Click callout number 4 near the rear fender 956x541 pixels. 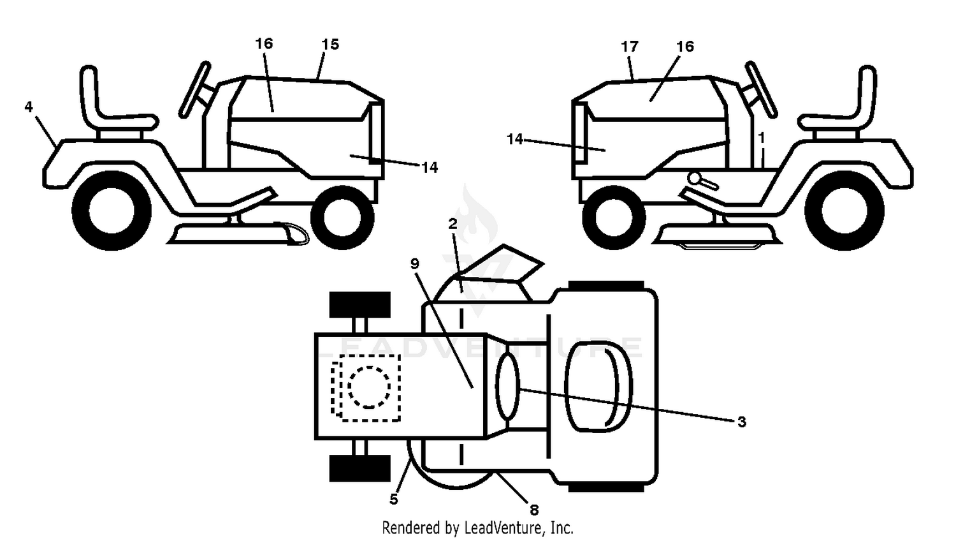pos(29,107)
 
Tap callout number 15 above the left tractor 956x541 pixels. pos(330,45)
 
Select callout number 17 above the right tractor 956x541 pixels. pos(630,47)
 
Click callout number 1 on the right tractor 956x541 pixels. pos(761,138)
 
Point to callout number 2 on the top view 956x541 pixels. pos(453,223)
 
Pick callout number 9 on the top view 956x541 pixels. pos(415,263)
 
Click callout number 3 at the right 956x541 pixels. pos(742,422)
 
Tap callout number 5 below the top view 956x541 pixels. pos(393,499)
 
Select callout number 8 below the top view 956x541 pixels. pos(534,509)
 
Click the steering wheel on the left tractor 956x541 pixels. pos(194,89)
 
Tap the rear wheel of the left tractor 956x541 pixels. pos(112,211)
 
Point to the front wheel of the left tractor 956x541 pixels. pos(343,217)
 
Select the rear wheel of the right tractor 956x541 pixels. pos(844,211)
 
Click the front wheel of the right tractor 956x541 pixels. pos(614,217)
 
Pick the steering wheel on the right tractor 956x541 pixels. pos(762,89)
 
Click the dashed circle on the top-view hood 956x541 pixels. pos(369,387)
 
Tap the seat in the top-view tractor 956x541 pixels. pos(598,387)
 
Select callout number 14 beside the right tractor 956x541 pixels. pos(515,139)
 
